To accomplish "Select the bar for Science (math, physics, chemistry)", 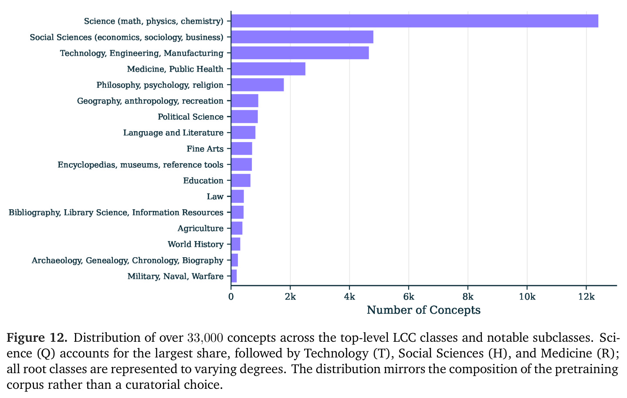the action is pos(414,21).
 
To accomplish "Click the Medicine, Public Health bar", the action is pos(268,69).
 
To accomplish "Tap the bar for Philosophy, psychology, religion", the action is pos(258,85).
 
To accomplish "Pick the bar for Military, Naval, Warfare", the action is pos(234,276).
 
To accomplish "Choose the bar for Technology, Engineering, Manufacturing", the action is pos(300,53).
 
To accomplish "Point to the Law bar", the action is pos(237,196).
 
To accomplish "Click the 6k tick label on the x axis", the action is pos(409,296).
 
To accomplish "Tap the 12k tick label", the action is pos(586,296).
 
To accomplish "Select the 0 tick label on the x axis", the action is pos(231,296).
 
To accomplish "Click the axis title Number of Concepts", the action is pos(424,310).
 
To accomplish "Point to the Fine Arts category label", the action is pos(205,149).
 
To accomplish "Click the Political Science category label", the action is pos(190,117).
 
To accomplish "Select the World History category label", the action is pos(196,244).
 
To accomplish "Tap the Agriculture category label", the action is pos(200,228).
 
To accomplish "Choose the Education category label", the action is pos(203,180).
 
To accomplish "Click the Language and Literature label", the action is pos(173,133).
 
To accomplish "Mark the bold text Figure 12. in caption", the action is pos(37,337).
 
